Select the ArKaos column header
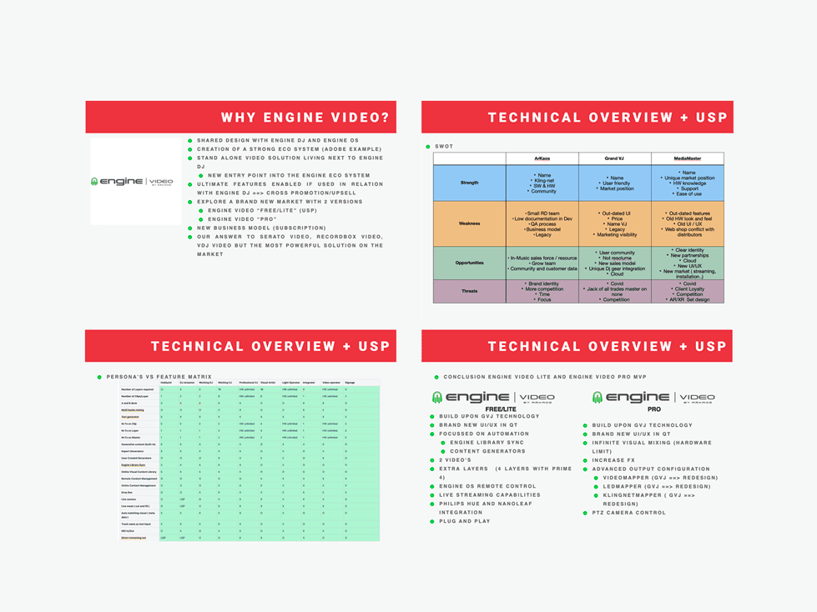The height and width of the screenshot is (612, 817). [542, 158]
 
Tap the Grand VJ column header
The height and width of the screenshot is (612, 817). [616, 158]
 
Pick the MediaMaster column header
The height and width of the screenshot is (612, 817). [688, 158]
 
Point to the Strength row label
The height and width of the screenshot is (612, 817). [469, 183]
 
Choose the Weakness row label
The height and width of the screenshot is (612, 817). [469, 223]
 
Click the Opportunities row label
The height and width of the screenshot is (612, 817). [469, 263]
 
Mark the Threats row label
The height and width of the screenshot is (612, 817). [469, 291]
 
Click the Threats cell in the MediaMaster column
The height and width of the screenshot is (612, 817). [688, 291]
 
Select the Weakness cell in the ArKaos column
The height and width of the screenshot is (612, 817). [542, 223]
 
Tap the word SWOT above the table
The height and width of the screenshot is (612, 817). [444, 147]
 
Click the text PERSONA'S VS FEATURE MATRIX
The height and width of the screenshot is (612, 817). [159, 377]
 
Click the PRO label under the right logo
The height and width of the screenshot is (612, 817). [654, 409]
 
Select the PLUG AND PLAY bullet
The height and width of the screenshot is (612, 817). [465, 521]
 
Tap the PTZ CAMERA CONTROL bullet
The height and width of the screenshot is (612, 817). [628, 513]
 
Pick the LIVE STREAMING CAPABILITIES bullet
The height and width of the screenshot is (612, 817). [490, 494]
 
